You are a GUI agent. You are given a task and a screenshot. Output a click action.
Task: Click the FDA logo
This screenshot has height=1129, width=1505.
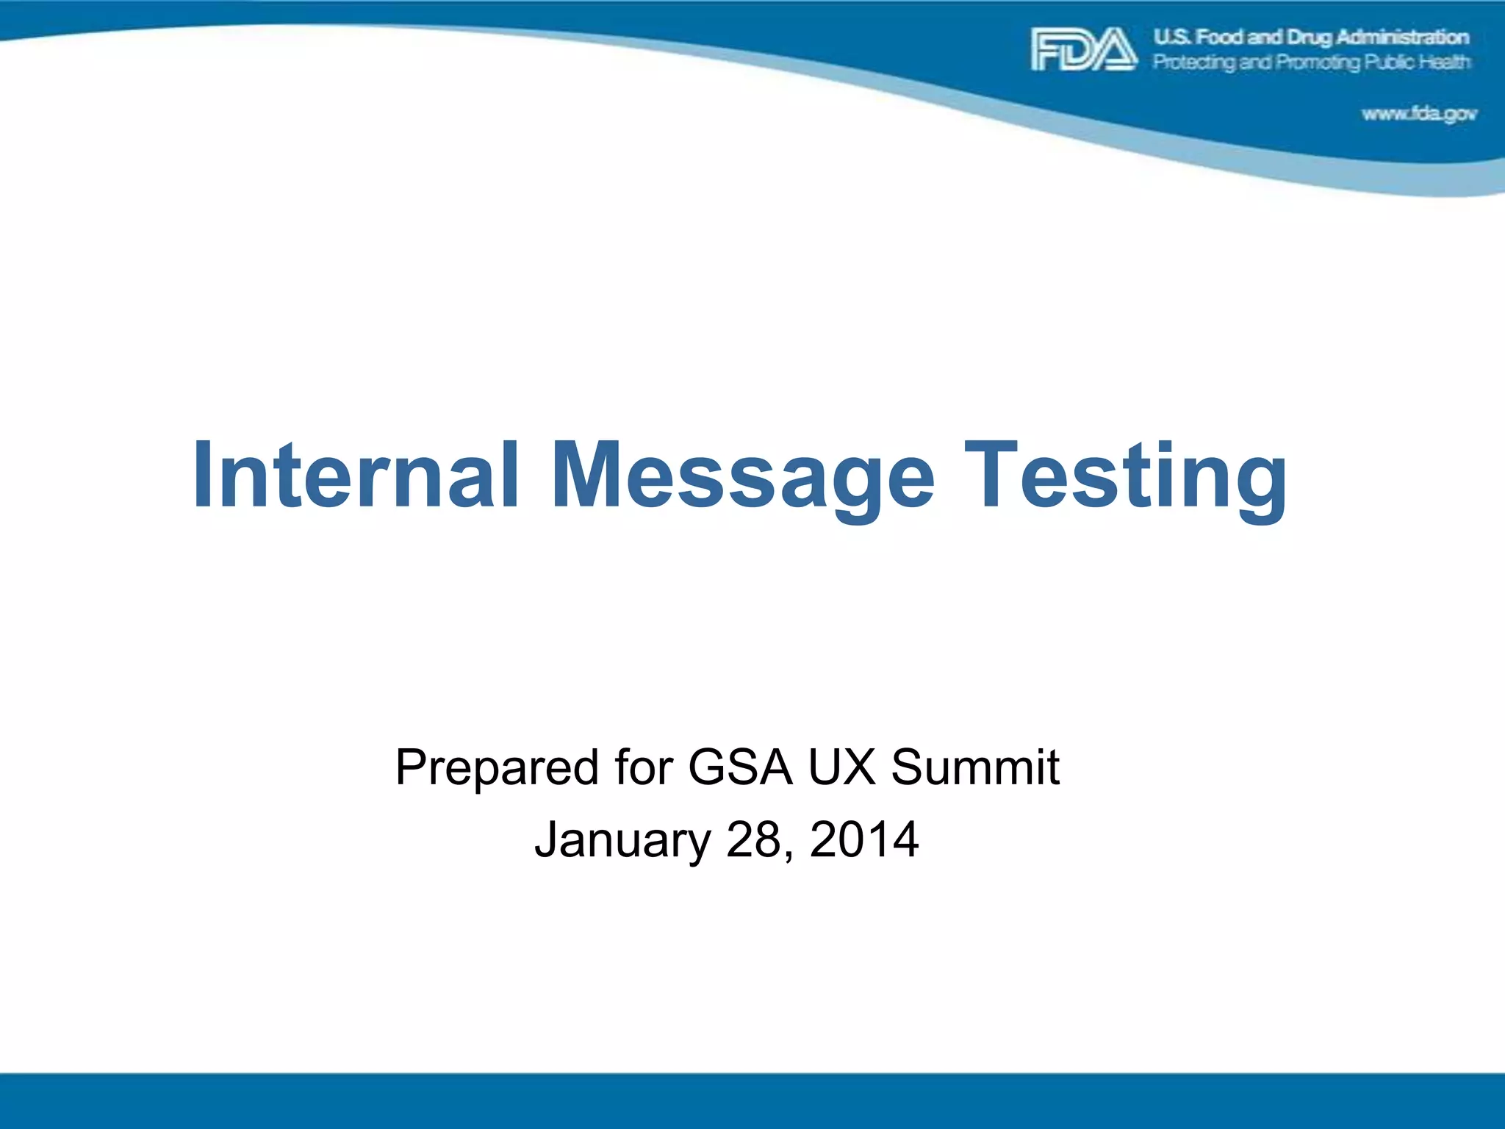(1084, 49)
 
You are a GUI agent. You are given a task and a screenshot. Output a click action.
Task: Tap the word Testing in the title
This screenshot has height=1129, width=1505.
(1125, 476)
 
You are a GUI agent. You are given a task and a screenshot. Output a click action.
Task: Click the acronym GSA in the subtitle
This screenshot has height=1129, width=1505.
(740, 767)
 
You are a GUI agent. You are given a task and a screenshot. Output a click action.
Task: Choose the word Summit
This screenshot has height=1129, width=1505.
(975, 767)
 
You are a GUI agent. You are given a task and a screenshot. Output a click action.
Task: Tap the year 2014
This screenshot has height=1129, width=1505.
(864, 839)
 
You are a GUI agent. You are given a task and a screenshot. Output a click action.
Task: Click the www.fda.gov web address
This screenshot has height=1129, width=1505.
(1419, 114)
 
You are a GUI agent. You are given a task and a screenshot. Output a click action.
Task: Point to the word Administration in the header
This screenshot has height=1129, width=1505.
(1403, 37)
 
